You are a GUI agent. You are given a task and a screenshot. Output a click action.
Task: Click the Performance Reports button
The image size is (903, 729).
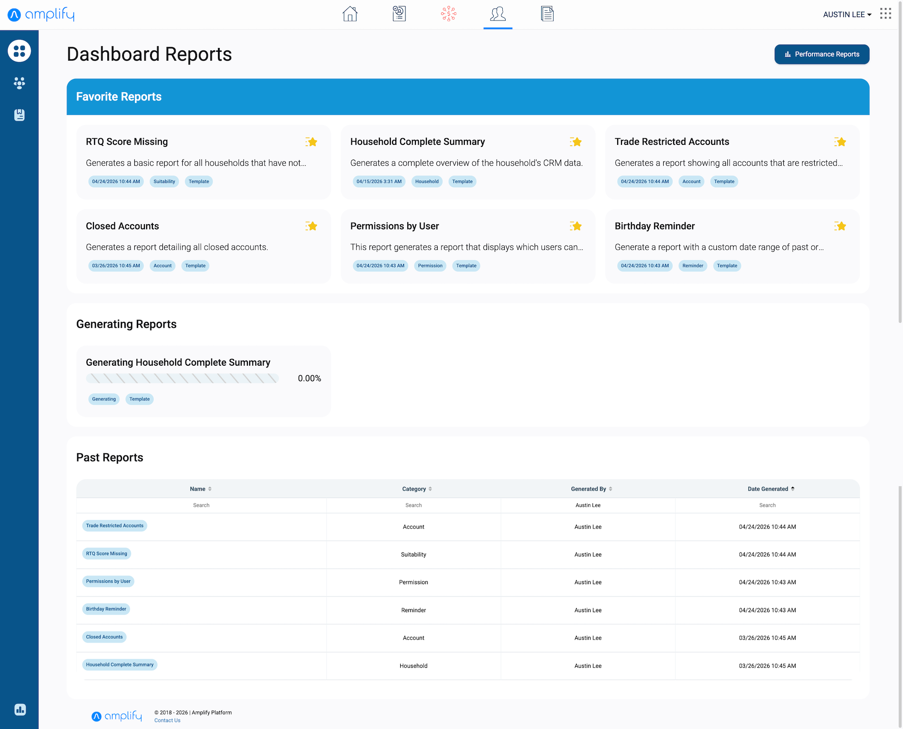click(822, 54)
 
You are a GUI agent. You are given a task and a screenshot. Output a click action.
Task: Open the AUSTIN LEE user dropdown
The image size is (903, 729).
click(847, 15)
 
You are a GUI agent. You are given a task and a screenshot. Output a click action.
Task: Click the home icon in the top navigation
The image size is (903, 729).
click(350, 14)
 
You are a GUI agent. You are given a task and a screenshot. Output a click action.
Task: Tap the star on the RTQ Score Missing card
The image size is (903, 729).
click(311, 142)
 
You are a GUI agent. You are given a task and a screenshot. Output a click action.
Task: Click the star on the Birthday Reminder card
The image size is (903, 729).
click(840, 226)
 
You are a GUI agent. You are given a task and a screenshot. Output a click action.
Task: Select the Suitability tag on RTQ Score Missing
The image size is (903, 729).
click(164, 181)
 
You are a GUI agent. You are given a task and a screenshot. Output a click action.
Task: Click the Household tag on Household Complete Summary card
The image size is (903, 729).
click(427, 181)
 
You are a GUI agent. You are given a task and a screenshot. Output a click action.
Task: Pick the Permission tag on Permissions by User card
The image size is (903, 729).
click(430, 265)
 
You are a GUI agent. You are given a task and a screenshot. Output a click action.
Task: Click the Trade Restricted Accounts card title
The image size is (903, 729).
click(672, 142)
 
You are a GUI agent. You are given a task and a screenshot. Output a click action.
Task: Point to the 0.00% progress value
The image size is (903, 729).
click(310, 379)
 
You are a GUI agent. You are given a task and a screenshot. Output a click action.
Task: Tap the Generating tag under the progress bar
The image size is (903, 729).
click(104, 399)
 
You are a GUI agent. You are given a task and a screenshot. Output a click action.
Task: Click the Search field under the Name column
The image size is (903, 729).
click(201, 505)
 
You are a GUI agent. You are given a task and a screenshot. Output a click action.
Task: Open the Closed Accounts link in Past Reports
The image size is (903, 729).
click(104, 637)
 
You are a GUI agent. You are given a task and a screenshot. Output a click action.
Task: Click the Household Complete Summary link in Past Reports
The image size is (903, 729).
click(120, 664)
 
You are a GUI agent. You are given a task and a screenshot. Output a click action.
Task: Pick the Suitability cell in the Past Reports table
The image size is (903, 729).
click(414, 554)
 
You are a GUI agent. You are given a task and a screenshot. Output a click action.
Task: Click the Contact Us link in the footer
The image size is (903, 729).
click(167, 720)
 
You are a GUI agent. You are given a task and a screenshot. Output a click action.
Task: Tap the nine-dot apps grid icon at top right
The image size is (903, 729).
click(885, 14)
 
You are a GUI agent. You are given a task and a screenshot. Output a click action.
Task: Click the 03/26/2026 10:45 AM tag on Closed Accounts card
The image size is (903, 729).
click(116, 265)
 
